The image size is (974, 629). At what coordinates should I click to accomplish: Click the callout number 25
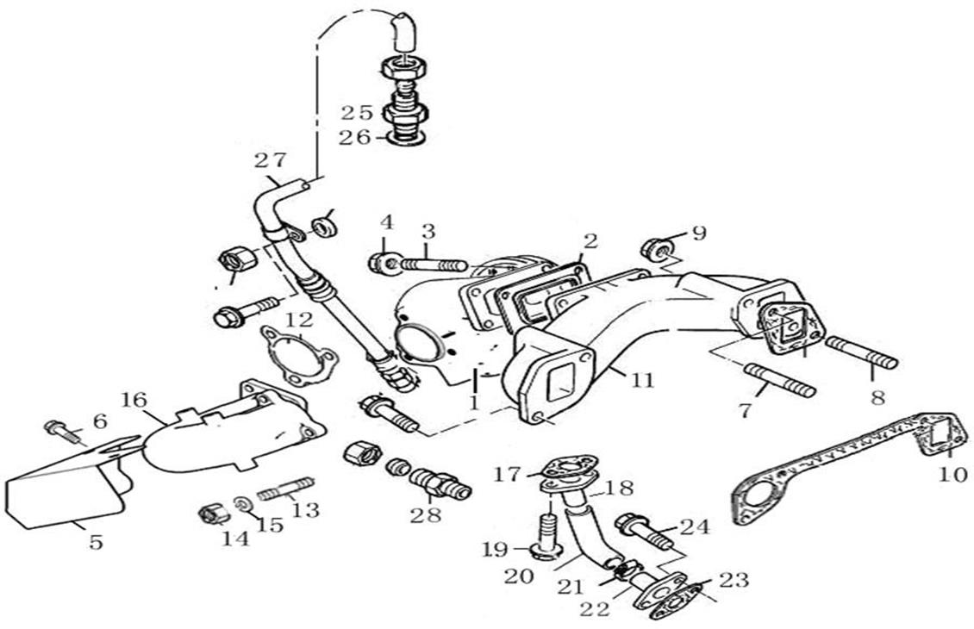pos(356,112)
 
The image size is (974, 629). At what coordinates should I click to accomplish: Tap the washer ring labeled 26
pos(404,137)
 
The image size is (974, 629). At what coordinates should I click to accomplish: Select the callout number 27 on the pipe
pos(269,160)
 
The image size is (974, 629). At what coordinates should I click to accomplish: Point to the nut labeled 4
pos(382,261)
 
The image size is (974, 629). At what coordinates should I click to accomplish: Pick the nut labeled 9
pos(654,249)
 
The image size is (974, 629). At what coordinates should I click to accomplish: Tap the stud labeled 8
pos(863,352)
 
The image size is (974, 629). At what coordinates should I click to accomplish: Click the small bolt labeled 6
pos(61,427)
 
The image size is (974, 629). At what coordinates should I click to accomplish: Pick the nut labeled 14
pos(212,514)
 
